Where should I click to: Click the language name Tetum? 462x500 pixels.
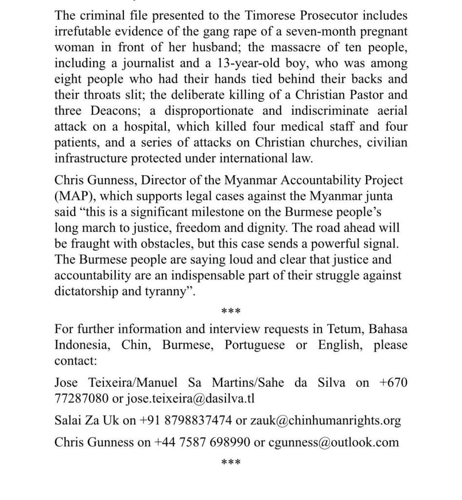(x=337, y=329)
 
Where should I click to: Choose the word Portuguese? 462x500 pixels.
(x=255, y=345)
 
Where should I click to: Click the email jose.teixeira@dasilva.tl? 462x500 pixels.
(x=190, y=398)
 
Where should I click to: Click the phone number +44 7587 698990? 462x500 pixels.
(x=201, y=442)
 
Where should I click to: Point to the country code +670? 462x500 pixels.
(x=393, y=382)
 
